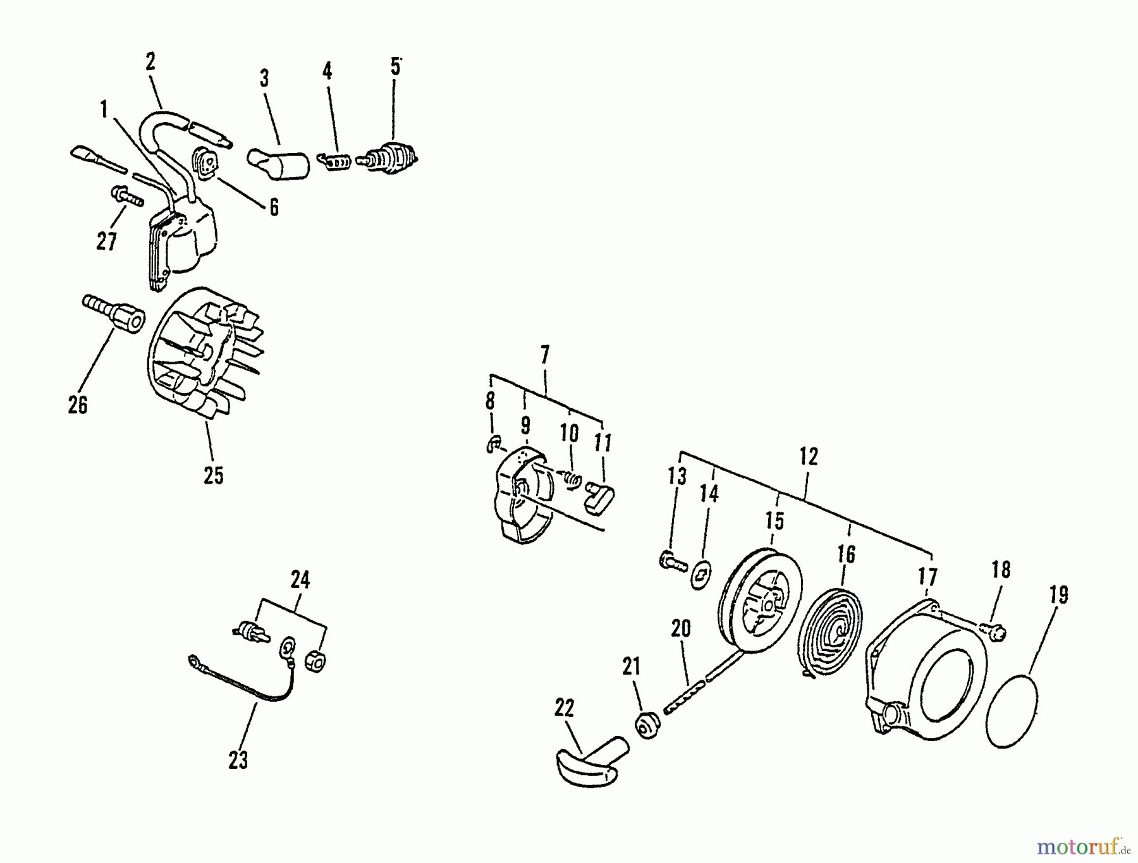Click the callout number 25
point(214,475)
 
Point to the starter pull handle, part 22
point(592,761)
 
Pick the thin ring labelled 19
point(1013,711)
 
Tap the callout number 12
point(809,456)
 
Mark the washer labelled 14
point(701,574)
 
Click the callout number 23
point(238,760)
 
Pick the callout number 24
point(300,580)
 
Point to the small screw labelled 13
point(673,561)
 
